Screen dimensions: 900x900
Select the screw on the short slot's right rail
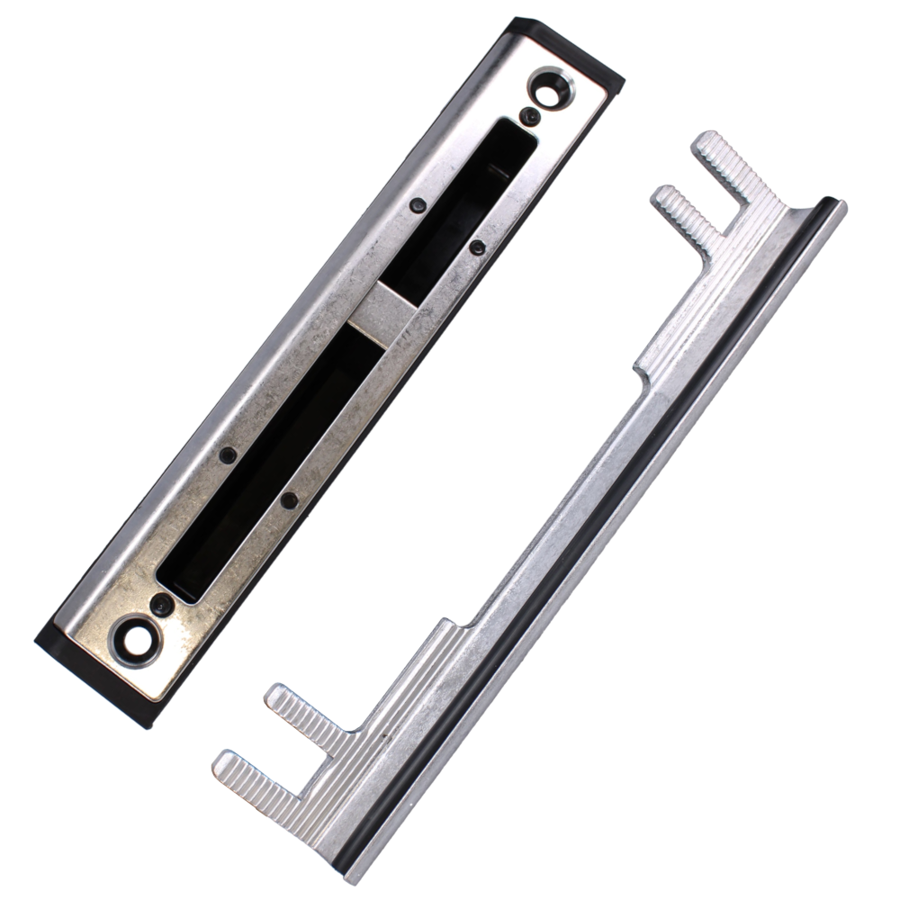pyautogui.click(x=478, y=246)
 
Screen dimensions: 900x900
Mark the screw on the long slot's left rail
pyautogui.click(x=228, y=455)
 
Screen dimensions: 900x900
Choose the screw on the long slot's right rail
pyautogui.click(x=289, y=498)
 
